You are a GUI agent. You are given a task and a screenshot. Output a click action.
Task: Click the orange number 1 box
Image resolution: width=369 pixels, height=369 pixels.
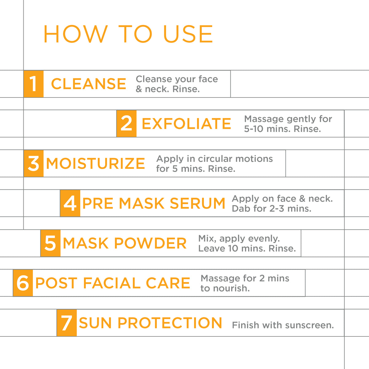(x=34, y=84)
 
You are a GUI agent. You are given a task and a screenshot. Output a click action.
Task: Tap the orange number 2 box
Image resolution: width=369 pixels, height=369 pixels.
(x=126, y=124)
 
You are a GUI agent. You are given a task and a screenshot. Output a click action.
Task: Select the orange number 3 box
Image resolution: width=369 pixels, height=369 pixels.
(x=34, y=163)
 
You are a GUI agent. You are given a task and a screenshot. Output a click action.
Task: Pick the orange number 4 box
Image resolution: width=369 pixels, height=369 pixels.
(x=70, y=203)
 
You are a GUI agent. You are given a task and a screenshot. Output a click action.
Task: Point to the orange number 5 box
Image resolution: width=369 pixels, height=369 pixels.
(x=50, y=243)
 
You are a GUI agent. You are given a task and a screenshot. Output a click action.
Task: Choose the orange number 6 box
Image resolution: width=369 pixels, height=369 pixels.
(x=23, y=283)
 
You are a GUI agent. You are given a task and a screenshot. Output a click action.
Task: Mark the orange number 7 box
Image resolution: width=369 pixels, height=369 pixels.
(x=67, y=323)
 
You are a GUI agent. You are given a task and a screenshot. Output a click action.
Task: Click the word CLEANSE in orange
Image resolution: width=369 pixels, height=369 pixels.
(x=89, y=84)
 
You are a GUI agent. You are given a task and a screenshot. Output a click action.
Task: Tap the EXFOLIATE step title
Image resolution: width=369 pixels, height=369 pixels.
(x=186, y=124)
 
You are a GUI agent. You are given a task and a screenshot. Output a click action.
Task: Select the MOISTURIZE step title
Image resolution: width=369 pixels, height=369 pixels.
(x=95, y=163)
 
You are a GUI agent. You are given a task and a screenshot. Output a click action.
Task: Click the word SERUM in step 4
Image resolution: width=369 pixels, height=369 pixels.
(x=197, y=203)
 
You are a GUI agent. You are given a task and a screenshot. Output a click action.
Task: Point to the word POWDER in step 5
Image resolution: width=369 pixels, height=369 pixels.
(x=150, y=243)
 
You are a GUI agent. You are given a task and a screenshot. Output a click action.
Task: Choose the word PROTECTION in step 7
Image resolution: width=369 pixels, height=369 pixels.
(x=170, y=323)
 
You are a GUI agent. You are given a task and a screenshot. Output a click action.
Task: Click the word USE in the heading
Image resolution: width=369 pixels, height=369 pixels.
(x=188, y=34)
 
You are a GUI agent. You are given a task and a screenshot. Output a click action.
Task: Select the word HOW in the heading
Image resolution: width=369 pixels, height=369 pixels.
(x=76, y=34)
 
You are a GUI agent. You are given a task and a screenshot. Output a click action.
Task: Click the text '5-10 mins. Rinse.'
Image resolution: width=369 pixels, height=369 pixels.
(x=283, y=129)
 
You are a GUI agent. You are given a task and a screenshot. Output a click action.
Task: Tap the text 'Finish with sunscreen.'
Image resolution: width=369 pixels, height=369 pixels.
(x=283, y=325)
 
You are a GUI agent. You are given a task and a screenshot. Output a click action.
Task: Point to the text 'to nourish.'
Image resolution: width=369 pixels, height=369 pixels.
(x=225, y=288)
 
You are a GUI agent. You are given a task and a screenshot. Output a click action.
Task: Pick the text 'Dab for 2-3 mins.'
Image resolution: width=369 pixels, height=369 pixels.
(x=272, y=208)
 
